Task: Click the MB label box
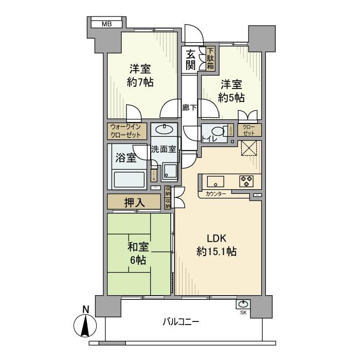click(x=106, y=24)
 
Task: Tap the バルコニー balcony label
click(x=181, y=322)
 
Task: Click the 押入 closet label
click(x=135, y=202)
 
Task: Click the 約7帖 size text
click(x=140, y=82)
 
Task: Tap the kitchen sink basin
click(x=214, y=181)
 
